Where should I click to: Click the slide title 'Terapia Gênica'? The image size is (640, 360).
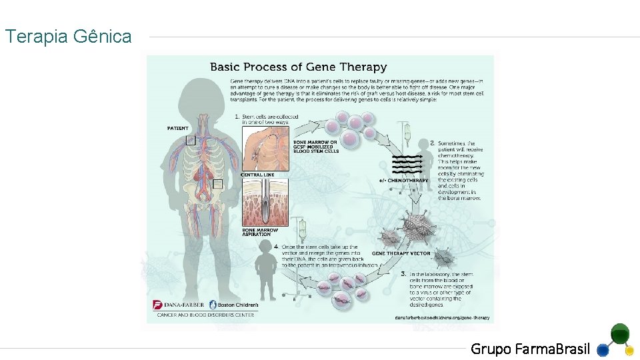pyautogui.click(x=68, y=37)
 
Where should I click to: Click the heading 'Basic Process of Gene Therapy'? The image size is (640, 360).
pyautogui.click(x=298, y=67)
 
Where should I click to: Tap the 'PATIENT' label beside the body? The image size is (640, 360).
pyautogui.click(x=177, y=128)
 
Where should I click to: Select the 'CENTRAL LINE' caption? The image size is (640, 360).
pyautogui.click(x=257, y=175)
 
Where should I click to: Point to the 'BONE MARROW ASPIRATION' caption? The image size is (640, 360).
pyautogui.click(x=257, y=232)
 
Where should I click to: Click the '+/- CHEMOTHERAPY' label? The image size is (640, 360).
pyautogui.click(x=403, y=181)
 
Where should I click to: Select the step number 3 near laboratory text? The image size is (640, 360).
pyautogui.click(x=404, y=274)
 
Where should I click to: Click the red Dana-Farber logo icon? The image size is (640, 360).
pyautogui.click(x=158, y=305)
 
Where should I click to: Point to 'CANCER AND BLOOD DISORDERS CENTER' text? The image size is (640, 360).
pyautogui.click(x=205, y=315)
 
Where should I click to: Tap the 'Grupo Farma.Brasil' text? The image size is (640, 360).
pyautogui.click(x=530, y=348)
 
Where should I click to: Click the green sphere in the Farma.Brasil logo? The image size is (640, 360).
pyautogui.click(x=620, y=333)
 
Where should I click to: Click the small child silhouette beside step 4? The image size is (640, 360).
pyautogui.click(x=267, y=270)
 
